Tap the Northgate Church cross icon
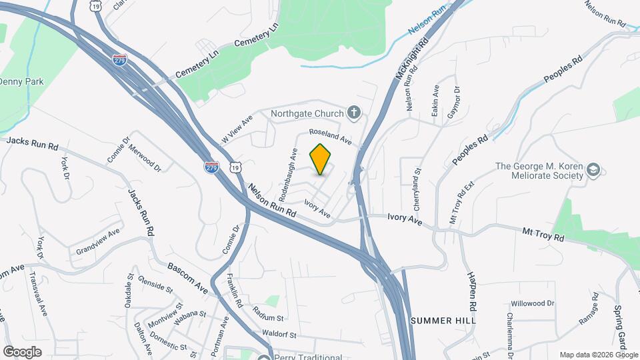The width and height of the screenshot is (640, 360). coord(355,113)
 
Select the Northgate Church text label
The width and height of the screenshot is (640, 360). coord(307,113)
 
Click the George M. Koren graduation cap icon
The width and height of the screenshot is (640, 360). coord(592,172)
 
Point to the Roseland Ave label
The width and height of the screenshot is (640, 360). coord(329,137)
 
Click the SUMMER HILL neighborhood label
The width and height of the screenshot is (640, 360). coord(443,321)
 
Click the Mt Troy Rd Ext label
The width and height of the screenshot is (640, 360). coord(461,196)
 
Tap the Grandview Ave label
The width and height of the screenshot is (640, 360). coord(98,241)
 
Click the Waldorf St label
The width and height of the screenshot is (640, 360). coord(279,333)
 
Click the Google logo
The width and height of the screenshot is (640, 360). coord(22,351)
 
